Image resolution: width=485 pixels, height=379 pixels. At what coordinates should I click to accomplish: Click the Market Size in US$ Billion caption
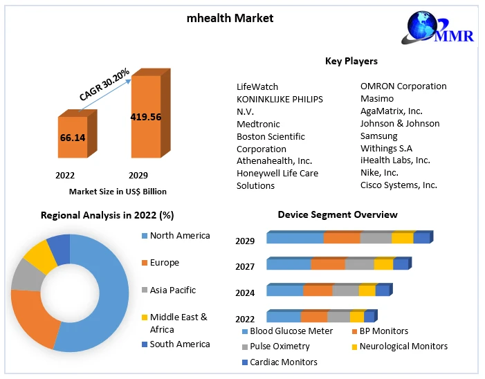118,191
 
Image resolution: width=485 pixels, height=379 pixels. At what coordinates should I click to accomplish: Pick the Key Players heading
351,61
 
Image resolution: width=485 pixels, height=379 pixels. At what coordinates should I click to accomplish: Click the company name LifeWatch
257,86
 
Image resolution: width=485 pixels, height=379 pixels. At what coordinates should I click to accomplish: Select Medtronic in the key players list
258,124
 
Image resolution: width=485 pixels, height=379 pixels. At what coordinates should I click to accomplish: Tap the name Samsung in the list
378,136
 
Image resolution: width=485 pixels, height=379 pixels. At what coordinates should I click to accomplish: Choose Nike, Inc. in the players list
379,172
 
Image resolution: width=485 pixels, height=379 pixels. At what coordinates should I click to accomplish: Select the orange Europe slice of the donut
31,319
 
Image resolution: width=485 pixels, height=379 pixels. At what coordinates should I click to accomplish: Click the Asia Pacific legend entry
172,290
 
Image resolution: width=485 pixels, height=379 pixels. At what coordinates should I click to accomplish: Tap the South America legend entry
179,344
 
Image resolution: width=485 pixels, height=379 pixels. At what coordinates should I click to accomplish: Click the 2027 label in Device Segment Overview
245,266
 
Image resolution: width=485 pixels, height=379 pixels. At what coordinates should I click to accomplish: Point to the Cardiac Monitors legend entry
283,362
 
